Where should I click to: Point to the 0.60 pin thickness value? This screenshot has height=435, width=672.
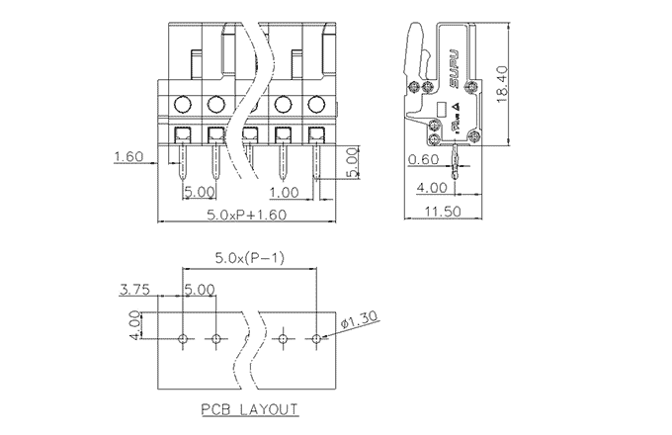click(x=422, y=159)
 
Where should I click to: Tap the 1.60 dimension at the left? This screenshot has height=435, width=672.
click(x=128, y=156)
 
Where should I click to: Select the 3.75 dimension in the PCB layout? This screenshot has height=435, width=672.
click(x=134, y=291)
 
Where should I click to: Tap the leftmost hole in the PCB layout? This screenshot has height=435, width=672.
click(x=183, y=339)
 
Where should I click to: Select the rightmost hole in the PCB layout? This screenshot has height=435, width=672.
click(x=316, y=339)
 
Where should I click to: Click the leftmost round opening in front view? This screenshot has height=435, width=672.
click(x=183, y=103)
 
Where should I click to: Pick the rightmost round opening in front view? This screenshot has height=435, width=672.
click(x=316, y=103)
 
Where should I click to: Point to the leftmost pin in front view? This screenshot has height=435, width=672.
click(x=183, y=168)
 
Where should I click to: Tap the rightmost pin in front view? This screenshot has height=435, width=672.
click(x=316, y=168)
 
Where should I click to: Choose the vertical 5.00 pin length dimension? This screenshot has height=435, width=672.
click(x=352, y=161)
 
